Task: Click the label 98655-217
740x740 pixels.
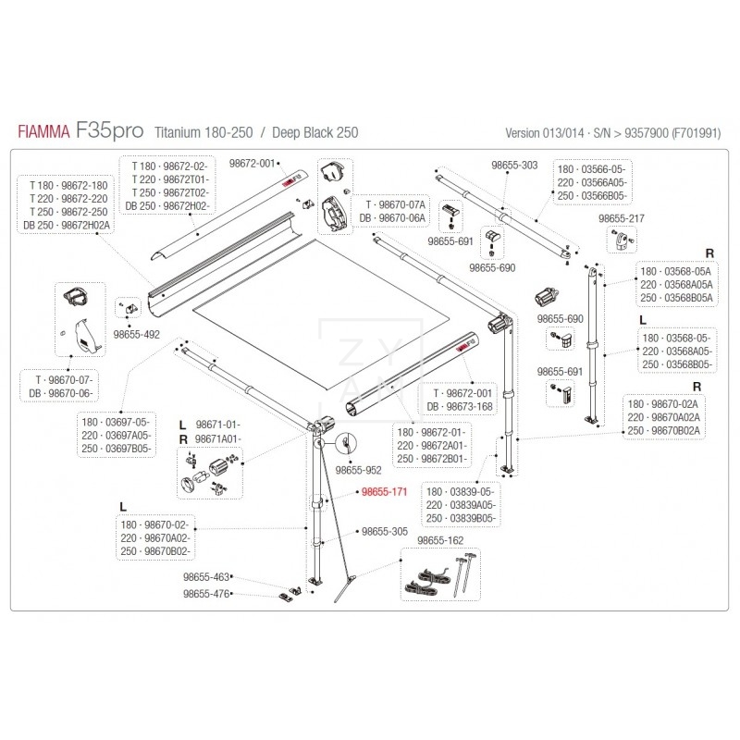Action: [622, 218]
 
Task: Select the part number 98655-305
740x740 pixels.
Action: [385, 532]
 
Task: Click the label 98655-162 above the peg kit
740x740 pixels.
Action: [440, 540]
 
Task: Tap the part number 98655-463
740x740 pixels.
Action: [206, 577]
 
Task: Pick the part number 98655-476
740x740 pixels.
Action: [206, 594]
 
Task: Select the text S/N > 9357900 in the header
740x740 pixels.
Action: [626, 132]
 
